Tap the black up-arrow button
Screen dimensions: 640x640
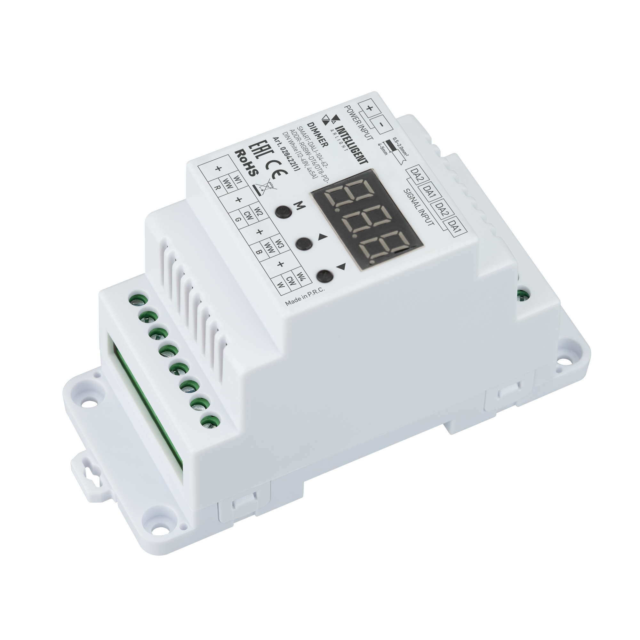tap(304, 244)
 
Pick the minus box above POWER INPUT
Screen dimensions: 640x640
tap(382, 125)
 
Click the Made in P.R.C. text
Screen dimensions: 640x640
tap(305, 297)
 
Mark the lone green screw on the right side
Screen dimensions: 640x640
tap(523, 294)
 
